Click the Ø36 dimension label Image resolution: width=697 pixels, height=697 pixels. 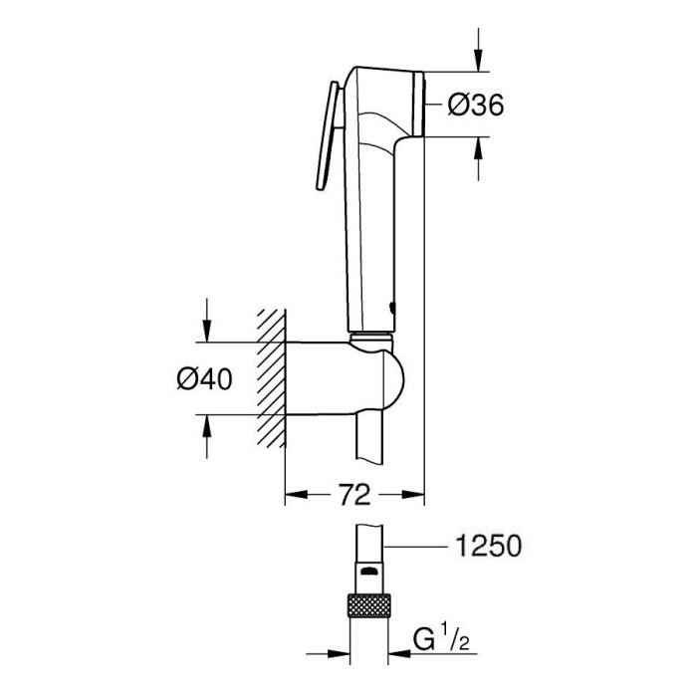click(x=476, y=106)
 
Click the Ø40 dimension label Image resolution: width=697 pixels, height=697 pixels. click(x=204, y=379)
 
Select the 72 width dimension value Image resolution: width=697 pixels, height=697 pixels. click(x=354, y=494)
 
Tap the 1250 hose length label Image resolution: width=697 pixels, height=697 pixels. click(x=489, y=546)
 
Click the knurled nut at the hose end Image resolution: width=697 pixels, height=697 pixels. click(x=369, y=605)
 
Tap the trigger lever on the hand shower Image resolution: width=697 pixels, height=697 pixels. click(x=328, y=136)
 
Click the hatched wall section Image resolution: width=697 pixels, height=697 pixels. click(x=270, y=377)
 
